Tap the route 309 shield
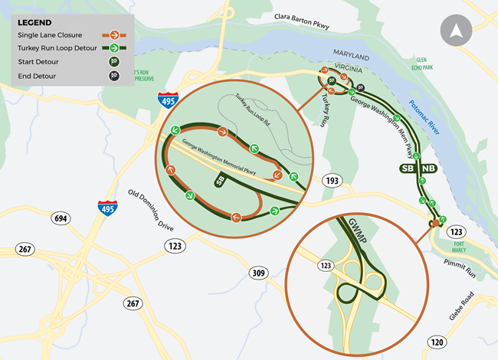258,273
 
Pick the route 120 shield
437,342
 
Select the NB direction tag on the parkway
428,168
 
